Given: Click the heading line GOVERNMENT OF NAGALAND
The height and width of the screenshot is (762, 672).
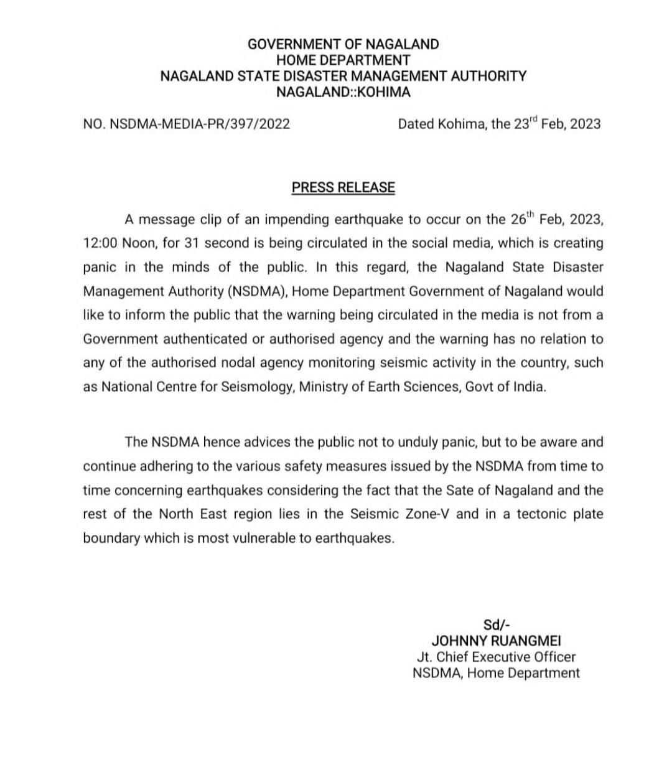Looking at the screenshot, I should click(x=343, y=44).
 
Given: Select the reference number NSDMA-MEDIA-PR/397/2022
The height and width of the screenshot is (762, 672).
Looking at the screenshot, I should click(x=199, y=124).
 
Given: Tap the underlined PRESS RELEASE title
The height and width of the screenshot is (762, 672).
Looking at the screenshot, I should click(x=343, y=187).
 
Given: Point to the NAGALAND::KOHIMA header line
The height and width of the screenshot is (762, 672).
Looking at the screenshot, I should click(x=343, y=92).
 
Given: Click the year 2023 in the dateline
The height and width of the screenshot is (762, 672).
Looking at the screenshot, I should click(x=585, y=124).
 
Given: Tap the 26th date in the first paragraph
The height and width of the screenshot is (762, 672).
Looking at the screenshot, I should click(x=521, y=220).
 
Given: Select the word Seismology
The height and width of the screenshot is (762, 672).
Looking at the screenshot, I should click(x=257, y=387).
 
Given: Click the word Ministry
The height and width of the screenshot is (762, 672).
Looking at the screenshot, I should click(x=324, y=387).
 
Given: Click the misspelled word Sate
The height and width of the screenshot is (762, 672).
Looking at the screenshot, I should click(x=459, y=490).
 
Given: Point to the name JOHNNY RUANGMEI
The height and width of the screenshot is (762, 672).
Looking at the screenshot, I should click(x=496, y=641).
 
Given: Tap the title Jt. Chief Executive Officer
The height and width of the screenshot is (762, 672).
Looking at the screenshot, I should click(x=496, y=657).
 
